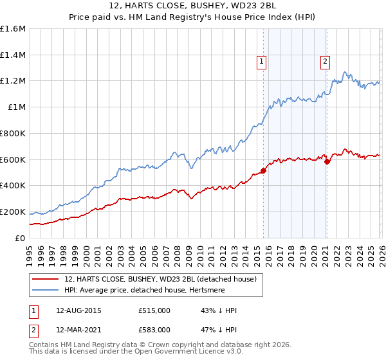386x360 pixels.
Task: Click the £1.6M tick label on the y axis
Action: (13, 29)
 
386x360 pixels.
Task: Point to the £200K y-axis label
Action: (13, 212)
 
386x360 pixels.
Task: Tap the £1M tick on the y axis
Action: (17, 107)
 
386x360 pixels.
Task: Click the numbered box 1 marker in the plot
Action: (262, 62)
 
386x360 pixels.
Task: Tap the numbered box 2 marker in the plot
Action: (325, 62)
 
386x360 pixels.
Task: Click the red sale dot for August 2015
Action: (263, 170)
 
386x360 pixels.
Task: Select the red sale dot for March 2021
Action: (327, 161)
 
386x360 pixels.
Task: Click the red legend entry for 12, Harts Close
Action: (160, 279)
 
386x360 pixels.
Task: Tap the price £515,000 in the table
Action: (154, 310)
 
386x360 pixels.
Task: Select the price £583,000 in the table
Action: (154, 329)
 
